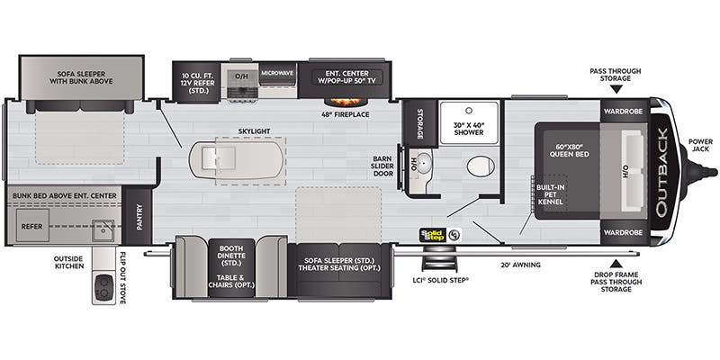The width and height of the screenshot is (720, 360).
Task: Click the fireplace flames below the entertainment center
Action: (x=344, y=102)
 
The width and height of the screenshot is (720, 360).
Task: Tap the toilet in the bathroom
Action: (x=481, y=166)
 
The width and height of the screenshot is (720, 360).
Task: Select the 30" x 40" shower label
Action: (x=469, y=128)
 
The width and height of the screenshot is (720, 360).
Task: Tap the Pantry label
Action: (x=139, y=216)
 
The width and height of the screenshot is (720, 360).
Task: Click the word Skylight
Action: (x=254, y=131)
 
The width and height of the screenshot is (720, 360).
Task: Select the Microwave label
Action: (x=277, y=73)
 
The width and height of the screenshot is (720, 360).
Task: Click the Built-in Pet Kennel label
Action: (x=549, y=194)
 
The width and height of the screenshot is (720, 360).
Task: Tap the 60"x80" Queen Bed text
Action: (x=570, y=150)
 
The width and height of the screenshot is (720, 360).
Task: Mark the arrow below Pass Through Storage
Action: (x=616, y=89)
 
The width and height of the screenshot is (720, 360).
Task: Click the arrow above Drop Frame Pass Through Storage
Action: (x=616, y=263)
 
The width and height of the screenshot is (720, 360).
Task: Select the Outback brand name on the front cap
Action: (x=662, y=172)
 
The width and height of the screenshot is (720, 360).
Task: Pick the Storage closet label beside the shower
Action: (x=419, y=124)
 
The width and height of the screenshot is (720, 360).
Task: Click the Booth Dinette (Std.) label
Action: (x=232, y=256)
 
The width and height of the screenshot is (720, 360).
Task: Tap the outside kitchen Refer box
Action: (x=32, y=227)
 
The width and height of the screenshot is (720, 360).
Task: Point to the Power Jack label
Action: (x=701, y=145)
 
